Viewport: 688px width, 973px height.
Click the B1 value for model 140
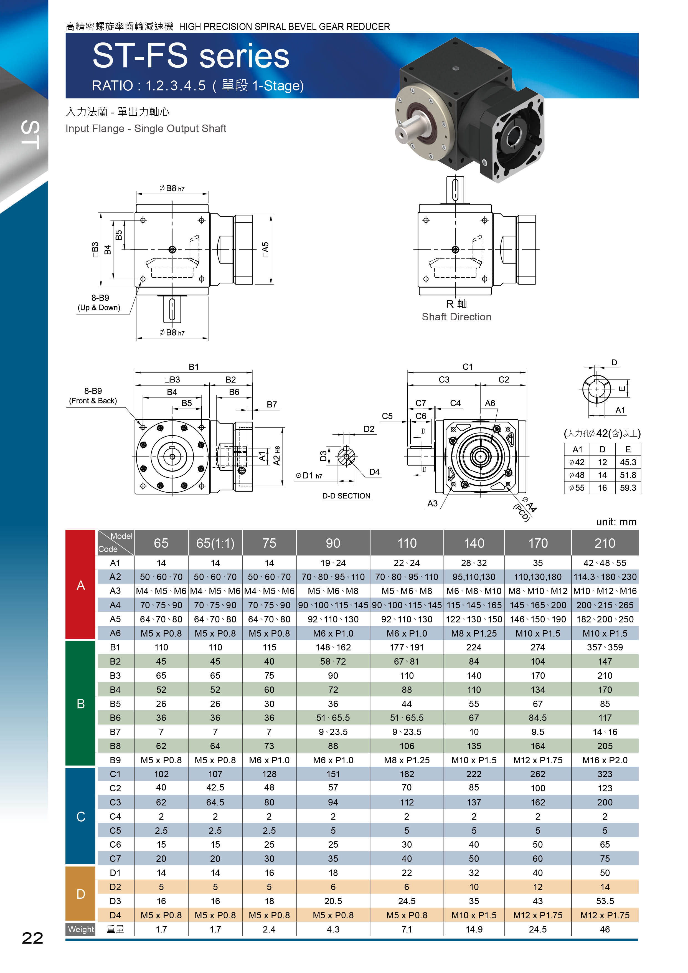pyautogui.click(x=474, y=647)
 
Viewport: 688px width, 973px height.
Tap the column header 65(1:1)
pyautogui.click(x=215, y=543)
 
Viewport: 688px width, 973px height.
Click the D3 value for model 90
pyautogui.click(x=333, y=901)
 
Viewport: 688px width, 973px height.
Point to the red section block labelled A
pyautogui.click(x=80, y=584)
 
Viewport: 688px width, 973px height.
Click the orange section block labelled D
pyautogui.click(x=80, y=894)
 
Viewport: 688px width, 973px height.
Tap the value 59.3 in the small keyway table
pyautogui.click(x=628, y=488)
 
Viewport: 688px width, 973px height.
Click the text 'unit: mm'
pyautogui.click(x=616, y=522)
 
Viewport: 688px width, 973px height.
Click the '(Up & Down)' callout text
pyautogui.click(x=99, y=308)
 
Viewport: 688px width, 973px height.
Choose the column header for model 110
pyautogui.click(x=407, y=543)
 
